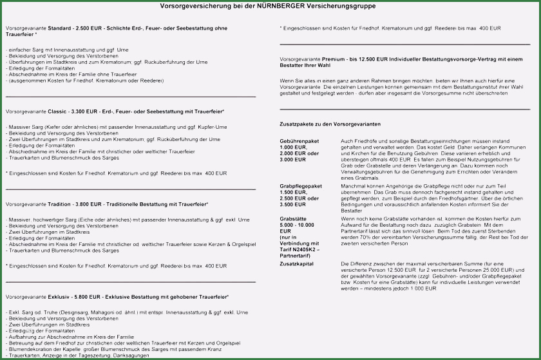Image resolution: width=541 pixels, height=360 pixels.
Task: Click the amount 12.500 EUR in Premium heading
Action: (x=374, y=59)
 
